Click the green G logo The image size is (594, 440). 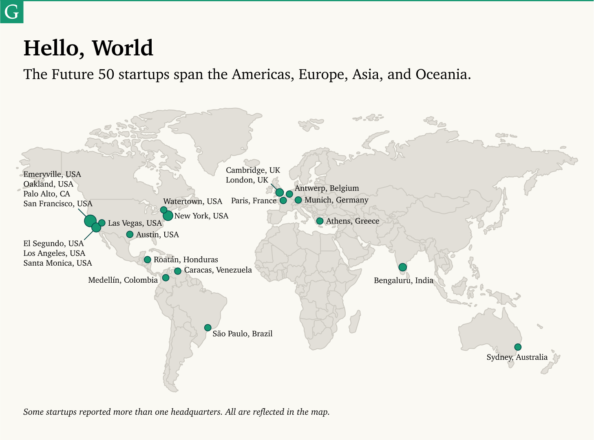pos(12,12)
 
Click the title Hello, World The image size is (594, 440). pos(88,48)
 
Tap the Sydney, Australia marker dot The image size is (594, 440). pos(518,347)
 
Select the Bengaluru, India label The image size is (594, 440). pos(403,280)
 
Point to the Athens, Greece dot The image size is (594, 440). pos(320,221)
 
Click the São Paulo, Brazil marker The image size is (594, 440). pos(208,328)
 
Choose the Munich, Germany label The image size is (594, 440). pos(336,200)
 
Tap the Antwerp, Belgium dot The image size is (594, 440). pos(289,194)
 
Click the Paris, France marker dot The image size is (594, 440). pos(283,200)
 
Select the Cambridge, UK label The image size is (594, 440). pos(253,170)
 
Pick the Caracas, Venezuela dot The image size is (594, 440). pos(178,271)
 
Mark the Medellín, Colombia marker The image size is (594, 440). pos(166,278)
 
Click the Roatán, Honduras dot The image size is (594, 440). pos(148,260)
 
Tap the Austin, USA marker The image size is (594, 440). pos(130,234)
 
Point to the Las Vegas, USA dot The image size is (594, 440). pos(102,223)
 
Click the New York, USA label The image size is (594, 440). pos(201,216)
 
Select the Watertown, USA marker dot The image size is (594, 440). pos(163,210)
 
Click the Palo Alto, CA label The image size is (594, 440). pos(46,194)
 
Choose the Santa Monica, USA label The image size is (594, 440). pos(57,263)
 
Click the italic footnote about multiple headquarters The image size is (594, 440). pos(176,412)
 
